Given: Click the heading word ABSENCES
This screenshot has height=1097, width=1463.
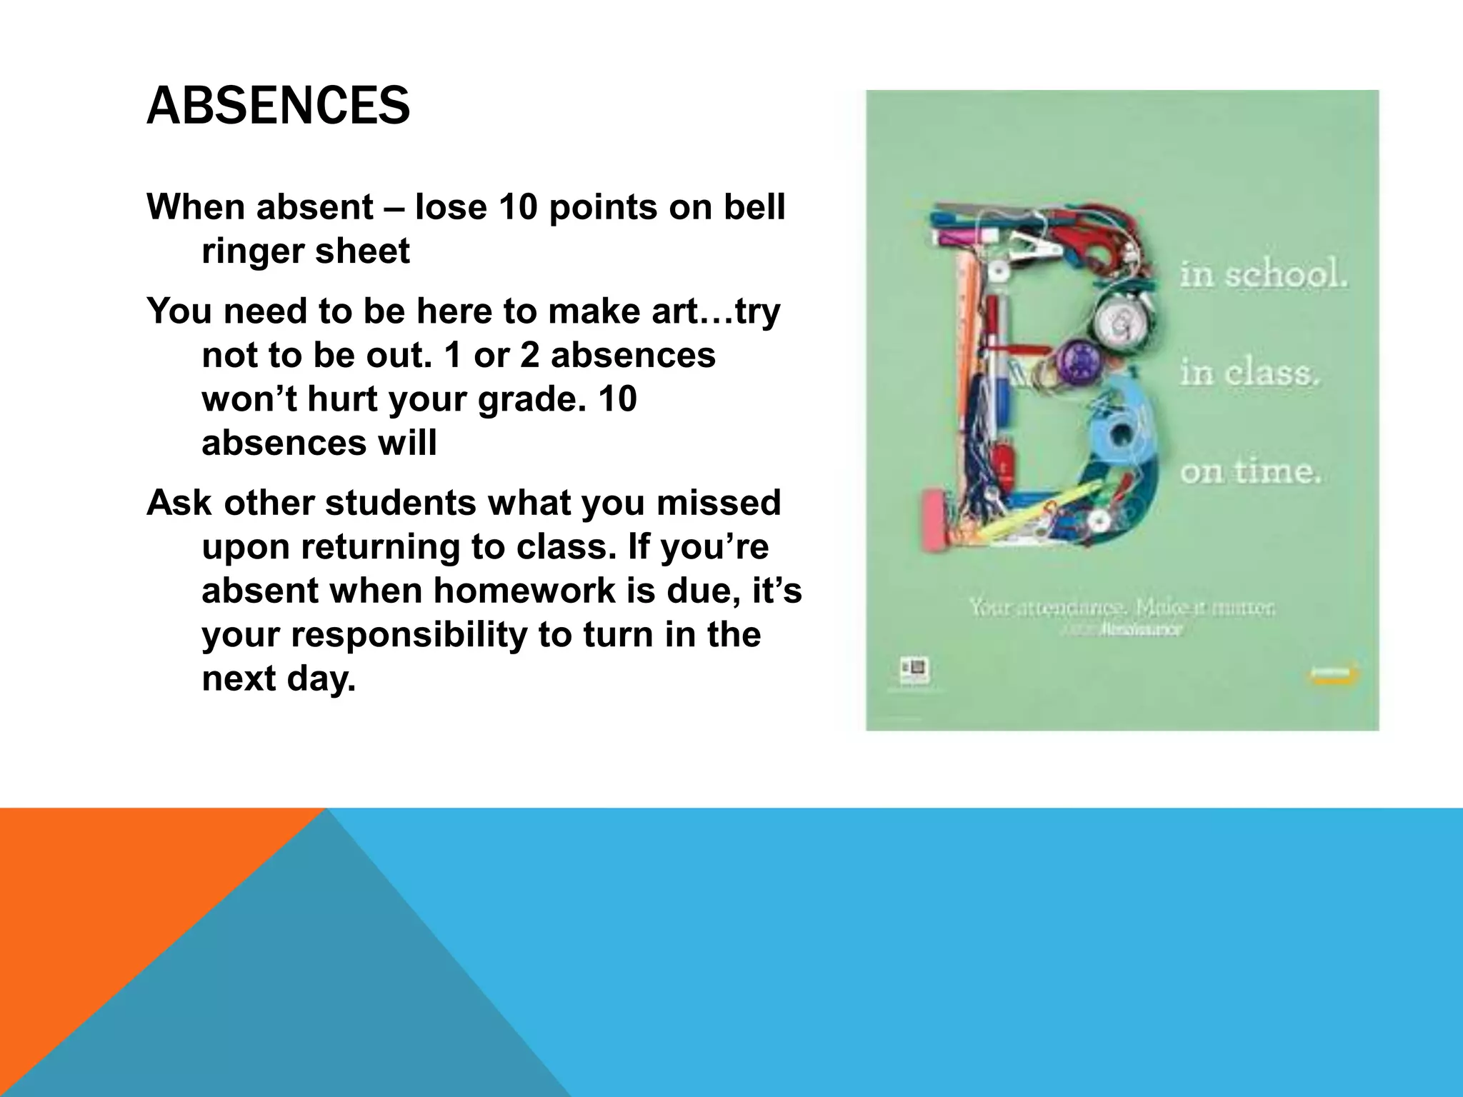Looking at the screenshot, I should tap(278, 106).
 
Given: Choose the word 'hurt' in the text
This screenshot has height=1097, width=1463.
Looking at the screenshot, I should tap(346, 399).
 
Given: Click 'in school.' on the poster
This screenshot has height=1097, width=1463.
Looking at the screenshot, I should tap(1262, 276).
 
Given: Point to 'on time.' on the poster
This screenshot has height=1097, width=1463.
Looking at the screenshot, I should tap(1250, 471).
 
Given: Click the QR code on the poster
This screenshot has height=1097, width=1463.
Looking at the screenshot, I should tap(914, 668).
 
